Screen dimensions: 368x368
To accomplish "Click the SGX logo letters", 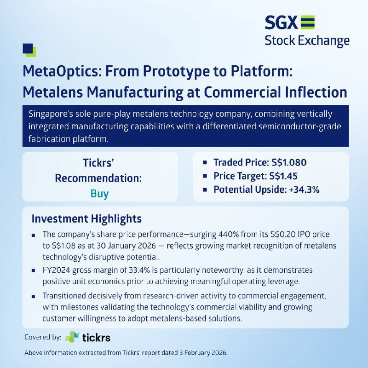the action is coord(281,23).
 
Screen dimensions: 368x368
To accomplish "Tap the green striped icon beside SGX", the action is coord(307,22).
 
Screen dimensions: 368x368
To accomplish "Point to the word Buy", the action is coord(99,194).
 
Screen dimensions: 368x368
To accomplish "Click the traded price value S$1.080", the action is coord(289,162).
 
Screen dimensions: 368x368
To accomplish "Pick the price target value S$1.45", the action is coord(283,176).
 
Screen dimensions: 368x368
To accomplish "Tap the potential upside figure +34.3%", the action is coord(304,190).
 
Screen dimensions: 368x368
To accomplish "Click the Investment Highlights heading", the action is coord(86,219).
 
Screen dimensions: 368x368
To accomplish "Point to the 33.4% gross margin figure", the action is coord(139,270).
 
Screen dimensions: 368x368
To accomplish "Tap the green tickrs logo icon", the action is coord(72,337).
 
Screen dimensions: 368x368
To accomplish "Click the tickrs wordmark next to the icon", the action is coord(96,338).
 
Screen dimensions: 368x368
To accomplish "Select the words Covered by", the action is coord(43,337).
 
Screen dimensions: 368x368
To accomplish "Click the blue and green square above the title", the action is coord(29,50).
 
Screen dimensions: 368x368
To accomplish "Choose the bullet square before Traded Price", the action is coord(205,162).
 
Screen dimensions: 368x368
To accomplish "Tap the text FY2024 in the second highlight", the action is coord(56,270).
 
